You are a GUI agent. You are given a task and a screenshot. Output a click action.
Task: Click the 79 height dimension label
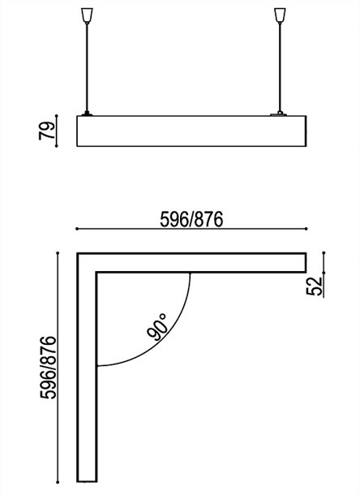click(47, 130)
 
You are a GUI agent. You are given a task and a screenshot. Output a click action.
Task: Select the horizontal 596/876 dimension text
click(191, 219)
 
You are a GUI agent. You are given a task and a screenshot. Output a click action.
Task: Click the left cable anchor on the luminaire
click(87, 113)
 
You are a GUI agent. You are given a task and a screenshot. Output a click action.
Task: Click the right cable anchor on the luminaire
click(281, 113)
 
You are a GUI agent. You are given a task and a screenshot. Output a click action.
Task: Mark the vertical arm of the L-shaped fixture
click(86, 373)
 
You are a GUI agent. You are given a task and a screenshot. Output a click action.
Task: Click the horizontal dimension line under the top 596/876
click(191, 230)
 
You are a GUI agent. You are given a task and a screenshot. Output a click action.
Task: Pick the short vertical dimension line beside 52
click(324, 273)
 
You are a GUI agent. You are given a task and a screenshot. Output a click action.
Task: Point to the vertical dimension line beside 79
click(58, 131)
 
